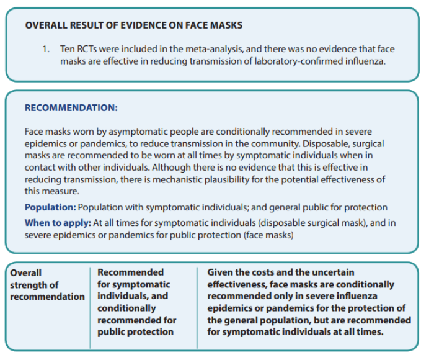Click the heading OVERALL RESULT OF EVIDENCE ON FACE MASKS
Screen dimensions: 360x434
[x=133, y=25]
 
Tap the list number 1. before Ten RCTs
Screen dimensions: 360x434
[x=47, y=48]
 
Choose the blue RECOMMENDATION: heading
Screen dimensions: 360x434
[x=71, y=107]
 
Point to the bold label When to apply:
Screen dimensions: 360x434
[x=58, y=222]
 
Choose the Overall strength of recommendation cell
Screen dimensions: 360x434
[x=47, y=284]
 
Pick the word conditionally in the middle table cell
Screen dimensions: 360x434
[x=126, y=308]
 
